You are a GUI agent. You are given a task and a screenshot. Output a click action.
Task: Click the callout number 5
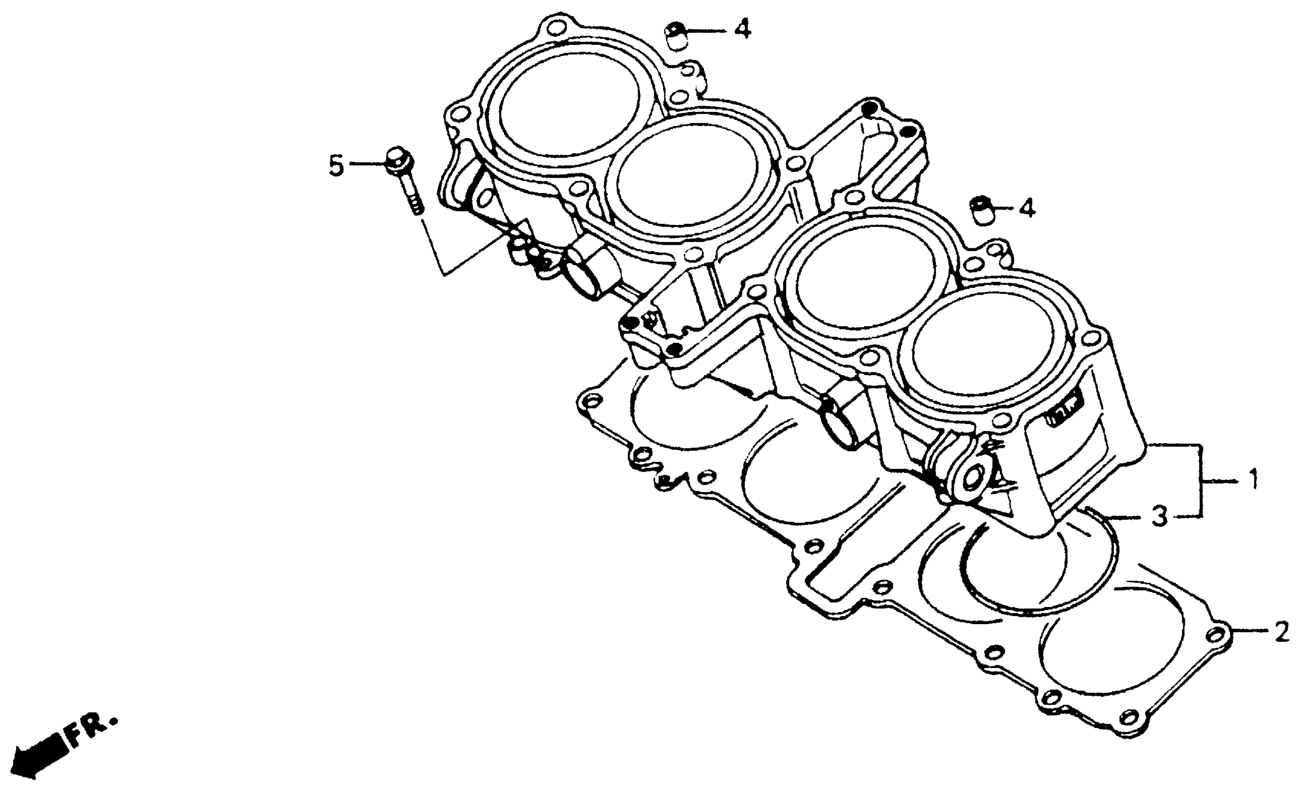336,166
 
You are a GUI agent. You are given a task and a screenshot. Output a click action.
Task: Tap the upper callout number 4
742,29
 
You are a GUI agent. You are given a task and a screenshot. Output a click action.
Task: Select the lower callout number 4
1027,209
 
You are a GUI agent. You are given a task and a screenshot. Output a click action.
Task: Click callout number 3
1160,517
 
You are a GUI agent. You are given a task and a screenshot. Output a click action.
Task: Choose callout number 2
1281,632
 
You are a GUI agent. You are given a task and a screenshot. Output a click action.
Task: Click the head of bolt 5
397,158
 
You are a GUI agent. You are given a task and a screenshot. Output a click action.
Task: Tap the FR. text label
91,730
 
